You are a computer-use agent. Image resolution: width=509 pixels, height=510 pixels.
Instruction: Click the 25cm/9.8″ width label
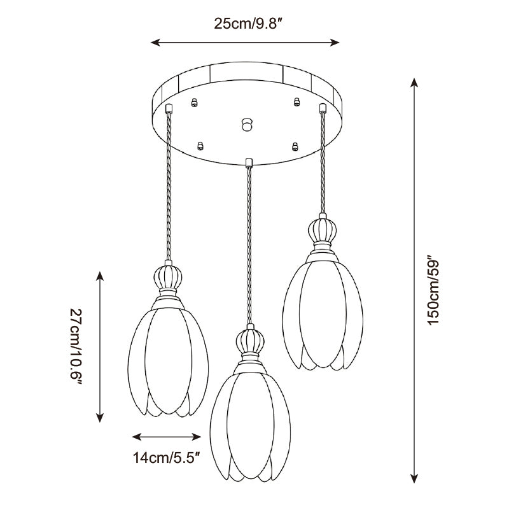[248, 24]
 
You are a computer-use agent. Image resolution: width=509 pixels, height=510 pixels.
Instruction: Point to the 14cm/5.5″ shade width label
[166, 458]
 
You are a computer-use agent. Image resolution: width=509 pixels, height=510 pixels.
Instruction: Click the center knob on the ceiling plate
[248, 124]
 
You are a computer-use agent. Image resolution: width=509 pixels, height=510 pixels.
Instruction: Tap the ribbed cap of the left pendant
[168, 278]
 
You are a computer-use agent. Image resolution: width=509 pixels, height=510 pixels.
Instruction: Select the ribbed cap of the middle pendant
[250, 341]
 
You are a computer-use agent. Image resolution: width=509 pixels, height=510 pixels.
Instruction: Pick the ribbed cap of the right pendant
[322, 230]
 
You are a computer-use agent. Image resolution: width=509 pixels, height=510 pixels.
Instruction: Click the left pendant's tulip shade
[168, 360]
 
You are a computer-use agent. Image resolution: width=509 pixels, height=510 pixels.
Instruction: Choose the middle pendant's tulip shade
[250, 425]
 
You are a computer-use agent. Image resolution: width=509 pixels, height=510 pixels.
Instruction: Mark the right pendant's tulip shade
[323, 313]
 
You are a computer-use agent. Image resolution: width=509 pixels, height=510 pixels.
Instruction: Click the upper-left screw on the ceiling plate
[194, 103]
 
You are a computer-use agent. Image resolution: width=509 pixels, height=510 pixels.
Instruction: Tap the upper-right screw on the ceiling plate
[296, 102]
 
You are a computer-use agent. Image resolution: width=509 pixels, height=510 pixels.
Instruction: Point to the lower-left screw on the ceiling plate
[200, 146]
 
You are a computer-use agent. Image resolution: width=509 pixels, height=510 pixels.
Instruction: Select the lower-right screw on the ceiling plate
[295, 146]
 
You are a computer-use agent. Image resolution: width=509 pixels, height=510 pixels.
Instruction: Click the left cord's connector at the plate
[169, 108]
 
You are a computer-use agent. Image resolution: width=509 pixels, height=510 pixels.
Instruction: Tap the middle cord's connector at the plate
[249, 162]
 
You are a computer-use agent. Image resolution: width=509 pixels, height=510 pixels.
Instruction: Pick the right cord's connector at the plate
[323, 108]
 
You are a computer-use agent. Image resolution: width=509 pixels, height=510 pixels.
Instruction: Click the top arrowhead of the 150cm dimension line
[414, 83]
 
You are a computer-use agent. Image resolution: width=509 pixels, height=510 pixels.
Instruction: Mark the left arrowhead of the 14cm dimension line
[137, 437]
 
